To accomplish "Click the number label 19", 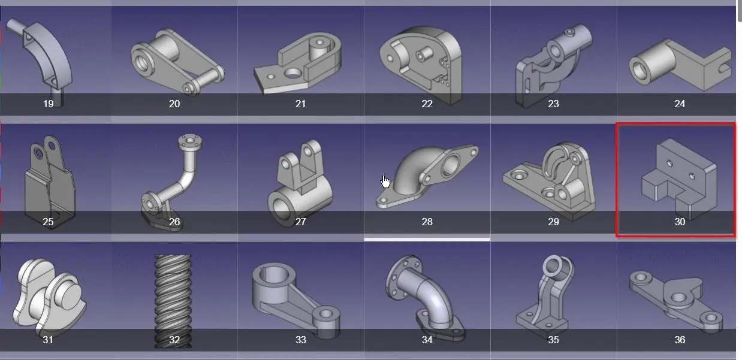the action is pos(48,104).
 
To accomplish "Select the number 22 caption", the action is pos(427,104).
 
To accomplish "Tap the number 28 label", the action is pos(427,222).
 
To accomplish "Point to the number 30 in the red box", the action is pos(680,222).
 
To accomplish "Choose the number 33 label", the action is pos(300,340).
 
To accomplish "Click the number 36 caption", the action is pos(680,340).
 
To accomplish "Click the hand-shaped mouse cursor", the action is pos(385,181).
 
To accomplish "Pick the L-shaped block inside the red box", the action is pos(679,179).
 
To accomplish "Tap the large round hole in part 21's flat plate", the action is pos(292,74).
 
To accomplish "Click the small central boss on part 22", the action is pos(423,54).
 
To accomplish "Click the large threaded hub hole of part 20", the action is pos(141,62).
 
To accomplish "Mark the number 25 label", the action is pos(48,222).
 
